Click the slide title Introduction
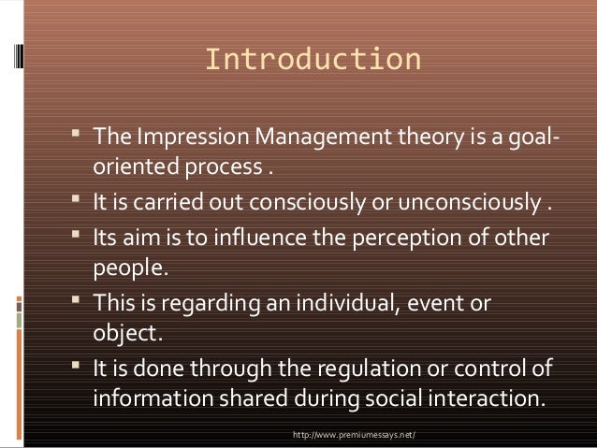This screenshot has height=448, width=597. (x=313, y=60)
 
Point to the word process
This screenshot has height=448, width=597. (x=225, y=171)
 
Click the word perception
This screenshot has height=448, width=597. (x=430, y=238)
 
